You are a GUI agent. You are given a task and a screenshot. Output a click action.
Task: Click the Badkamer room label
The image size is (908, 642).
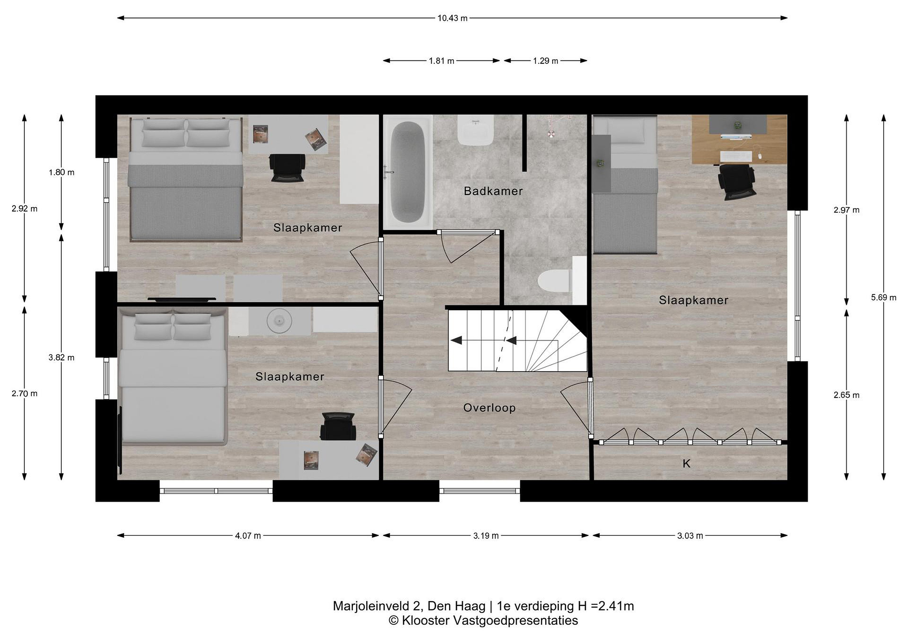[493, 191]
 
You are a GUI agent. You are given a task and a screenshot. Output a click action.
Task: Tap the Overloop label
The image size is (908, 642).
[489, 408]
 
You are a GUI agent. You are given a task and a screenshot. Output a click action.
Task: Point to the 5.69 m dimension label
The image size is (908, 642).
[883, 298]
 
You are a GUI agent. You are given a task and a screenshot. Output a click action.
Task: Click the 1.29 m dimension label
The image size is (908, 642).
[545, 61]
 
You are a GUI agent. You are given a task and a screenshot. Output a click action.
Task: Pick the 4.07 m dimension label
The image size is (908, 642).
[248, 536]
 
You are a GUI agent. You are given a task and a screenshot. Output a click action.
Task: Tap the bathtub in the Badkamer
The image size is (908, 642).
[407, 172]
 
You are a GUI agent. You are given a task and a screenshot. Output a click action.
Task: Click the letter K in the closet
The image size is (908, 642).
[687, 464]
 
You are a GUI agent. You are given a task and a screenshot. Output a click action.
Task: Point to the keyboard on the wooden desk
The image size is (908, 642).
[735, 157]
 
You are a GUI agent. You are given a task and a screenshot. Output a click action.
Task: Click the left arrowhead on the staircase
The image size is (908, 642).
[457, 340]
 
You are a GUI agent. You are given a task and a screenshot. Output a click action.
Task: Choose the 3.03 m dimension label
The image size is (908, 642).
[690, 536]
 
